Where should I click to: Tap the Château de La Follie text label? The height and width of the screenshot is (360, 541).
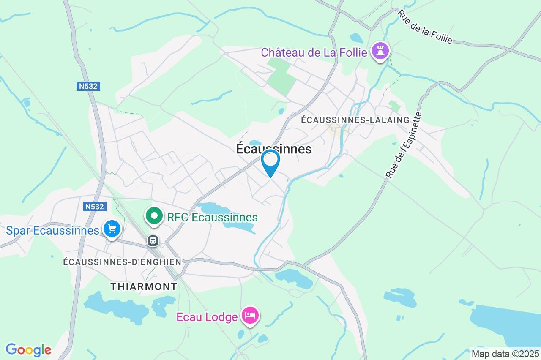[314, 52]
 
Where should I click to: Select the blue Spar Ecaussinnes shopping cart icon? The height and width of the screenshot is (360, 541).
[112, 229]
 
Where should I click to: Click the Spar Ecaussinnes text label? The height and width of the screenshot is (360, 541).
[52, 231]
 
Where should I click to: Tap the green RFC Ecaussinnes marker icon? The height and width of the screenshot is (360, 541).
[155, 216]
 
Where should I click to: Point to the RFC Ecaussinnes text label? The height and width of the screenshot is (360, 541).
[212, 217]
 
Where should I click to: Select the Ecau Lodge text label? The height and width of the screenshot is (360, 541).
[207, 317]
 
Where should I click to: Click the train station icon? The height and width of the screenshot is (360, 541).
[153, 241]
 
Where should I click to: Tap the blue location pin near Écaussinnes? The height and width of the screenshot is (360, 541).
[270, 162]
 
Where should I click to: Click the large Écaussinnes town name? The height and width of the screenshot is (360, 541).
[274, 149]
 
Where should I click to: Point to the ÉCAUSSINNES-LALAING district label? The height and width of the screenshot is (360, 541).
[355, 120]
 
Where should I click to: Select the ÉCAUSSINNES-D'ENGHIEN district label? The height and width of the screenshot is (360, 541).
[122, 262]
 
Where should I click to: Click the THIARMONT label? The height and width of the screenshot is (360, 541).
[144, 286]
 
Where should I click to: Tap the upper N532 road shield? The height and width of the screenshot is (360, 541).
[88, 86]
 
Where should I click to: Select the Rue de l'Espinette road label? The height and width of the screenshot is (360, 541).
[404, 145]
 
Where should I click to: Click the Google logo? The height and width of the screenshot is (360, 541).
[28, 350]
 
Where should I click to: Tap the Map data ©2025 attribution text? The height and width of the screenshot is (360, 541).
[505, 354]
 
